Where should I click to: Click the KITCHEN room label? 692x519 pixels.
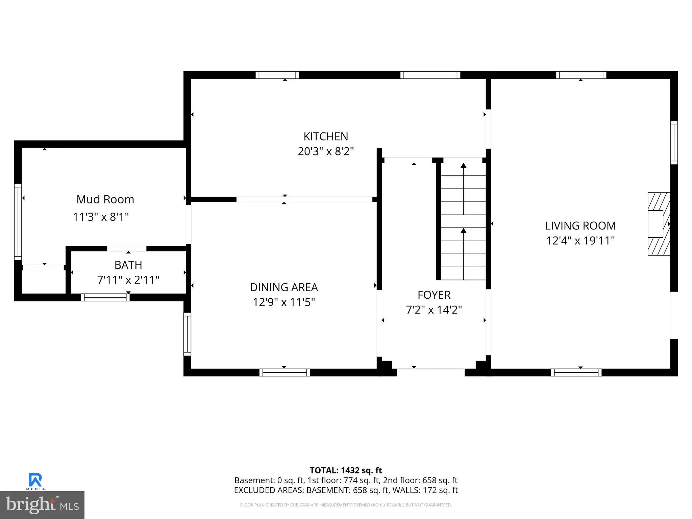326,137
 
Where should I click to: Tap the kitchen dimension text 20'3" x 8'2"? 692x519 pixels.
326,151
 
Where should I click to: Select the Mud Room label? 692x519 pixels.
105,199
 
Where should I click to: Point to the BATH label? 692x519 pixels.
128,265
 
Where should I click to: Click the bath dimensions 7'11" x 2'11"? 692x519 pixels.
128,280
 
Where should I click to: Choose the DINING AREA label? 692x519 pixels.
284,287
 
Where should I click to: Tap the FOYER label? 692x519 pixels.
434,295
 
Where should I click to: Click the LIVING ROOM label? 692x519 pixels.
580,226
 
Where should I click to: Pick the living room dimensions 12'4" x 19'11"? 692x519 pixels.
580,241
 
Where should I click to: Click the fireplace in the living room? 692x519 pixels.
659,224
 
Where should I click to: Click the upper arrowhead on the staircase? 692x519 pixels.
464,166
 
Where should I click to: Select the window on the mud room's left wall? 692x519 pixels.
18,222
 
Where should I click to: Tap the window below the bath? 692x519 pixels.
105,297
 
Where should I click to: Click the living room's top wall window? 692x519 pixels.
581,75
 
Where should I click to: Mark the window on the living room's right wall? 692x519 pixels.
674,143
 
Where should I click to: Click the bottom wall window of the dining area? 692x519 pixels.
285,372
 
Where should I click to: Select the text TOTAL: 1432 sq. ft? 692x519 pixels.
346,470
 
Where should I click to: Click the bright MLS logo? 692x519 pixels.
42,505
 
